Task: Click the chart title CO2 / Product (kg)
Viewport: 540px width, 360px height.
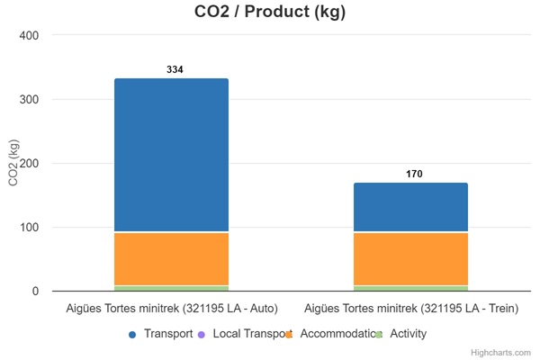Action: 270,13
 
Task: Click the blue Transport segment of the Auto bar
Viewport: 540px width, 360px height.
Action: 171,155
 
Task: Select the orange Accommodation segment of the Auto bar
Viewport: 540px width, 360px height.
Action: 171,258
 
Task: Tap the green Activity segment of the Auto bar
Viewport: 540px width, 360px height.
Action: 171,288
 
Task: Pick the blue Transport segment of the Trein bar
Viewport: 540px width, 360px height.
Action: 410,207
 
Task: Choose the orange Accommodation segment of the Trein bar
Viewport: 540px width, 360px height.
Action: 410,258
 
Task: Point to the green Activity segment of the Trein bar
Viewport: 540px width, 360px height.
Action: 410,288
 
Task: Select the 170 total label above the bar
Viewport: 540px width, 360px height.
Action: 414,174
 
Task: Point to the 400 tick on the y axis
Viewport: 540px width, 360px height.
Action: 30,35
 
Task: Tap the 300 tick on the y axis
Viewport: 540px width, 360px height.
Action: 30,99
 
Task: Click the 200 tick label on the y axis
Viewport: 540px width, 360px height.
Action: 30,163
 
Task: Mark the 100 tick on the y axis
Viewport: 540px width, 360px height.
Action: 30,227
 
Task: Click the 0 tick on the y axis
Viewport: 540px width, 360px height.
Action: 35,291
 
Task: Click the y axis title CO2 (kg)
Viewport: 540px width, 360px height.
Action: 13,163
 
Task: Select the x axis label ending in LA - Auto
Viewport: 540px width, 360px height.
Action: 171,309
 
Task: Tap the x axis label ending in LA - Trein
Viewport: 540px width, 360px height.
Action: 410,309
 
